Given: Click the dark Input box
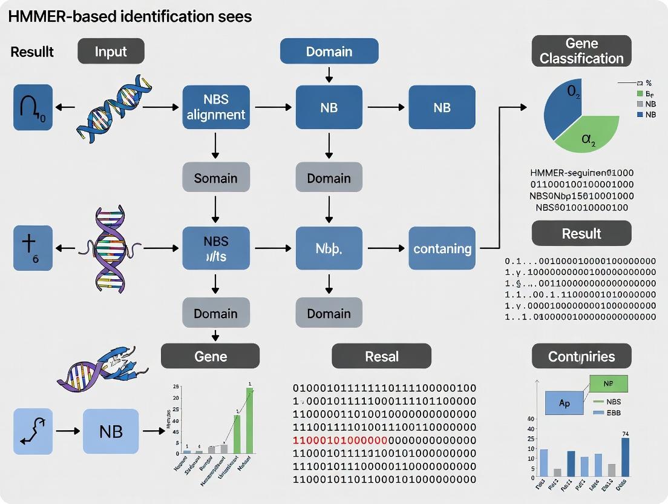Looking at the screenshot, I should tap(111, 51).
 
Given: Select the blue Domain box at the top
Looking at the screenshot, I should tap(329, 51).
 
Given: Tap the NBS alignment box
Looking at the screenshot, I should tap(216, 107).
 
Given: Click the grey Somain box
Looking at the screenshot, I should tap(216, 178).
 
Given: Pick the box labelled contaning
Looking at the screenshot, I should tap(442, 248).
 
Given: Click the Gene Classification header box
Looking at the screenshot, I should tap(581, 51).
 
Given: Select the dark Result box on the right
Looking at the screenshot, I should tap(581, 233).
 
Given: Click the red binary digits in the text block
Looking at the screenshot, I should tap(339, 440).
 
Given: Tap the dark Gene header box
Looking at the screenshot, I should tap(210, 356).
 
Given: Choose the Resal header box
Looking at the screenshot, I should tap(382, 356).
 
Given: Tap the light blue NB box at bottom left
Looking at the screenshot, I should tap(111, 431).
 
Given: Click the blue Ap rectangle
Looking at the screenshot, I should tap(564, 402).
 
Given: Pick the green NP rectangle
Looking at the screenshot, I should tap(608, 383).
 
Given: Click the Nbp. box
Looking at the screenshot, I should tap(329, 248).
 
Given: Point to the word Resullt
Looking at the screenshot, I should tap(32, 52).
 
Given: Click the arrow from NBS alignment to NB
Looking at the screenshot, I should tap(274, 107).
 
